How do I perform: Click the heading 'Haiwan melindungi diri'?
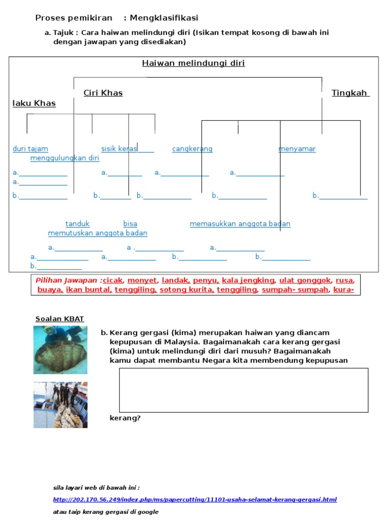point(193,63)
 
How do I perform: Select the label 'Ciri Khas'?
point(103,93)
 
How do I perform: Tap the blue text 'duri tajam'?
point(30,149)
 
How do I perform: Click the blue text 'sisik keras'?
point(119,149)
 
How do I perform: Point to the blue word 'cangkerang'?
point(192,149)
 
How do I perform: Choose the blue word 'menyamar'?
point(297,149)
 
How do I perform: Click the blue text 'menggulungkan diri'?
point(65,158)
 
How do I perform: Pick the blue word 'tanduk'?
point(78,224)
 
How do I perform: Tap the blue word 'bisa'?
point(130,224)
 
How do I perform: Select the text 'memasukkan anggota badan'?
point(240,224)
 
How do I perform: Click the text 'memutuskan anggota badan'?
point(98,233)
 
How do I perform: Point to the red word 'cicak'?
point(113,280)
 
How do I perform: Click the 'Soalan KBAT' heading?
point(60,319)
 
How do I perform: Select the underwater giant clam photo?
point(60,350)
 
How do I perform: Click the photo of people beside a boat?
point(60,405)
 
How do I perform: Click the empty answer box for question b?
point(244,390)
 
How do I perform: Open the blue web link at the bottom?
point(194,500)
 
